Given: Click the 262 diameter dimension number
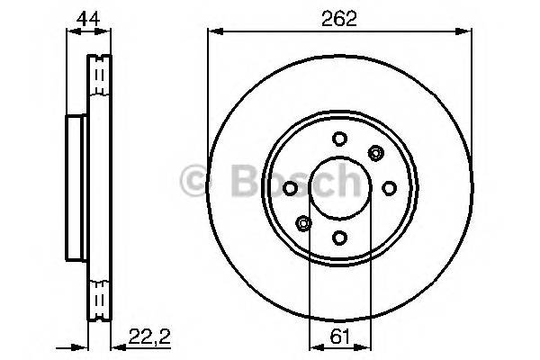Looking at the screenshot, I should [339, 16].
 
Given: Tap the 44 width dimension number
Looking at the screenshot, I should [88, 16].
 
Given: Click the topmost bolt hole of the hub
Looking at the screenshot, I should [339, 139].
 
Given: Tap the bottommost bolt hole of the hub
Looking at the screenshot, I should [339, 237].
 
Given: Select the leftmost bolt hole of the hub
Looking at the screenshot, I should [290, 187].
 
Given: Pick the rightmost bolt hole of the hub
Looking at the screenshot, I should [389, 187].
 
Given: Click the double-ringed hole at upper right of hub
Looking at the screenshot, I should [375, 152].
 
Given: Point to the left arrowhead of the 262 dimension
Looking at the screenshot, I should [213, 31].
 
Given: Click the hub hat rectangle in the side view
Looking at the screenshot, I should [77, 187].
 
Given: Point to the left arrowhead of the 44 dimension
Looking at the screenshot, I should [71, 31].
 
